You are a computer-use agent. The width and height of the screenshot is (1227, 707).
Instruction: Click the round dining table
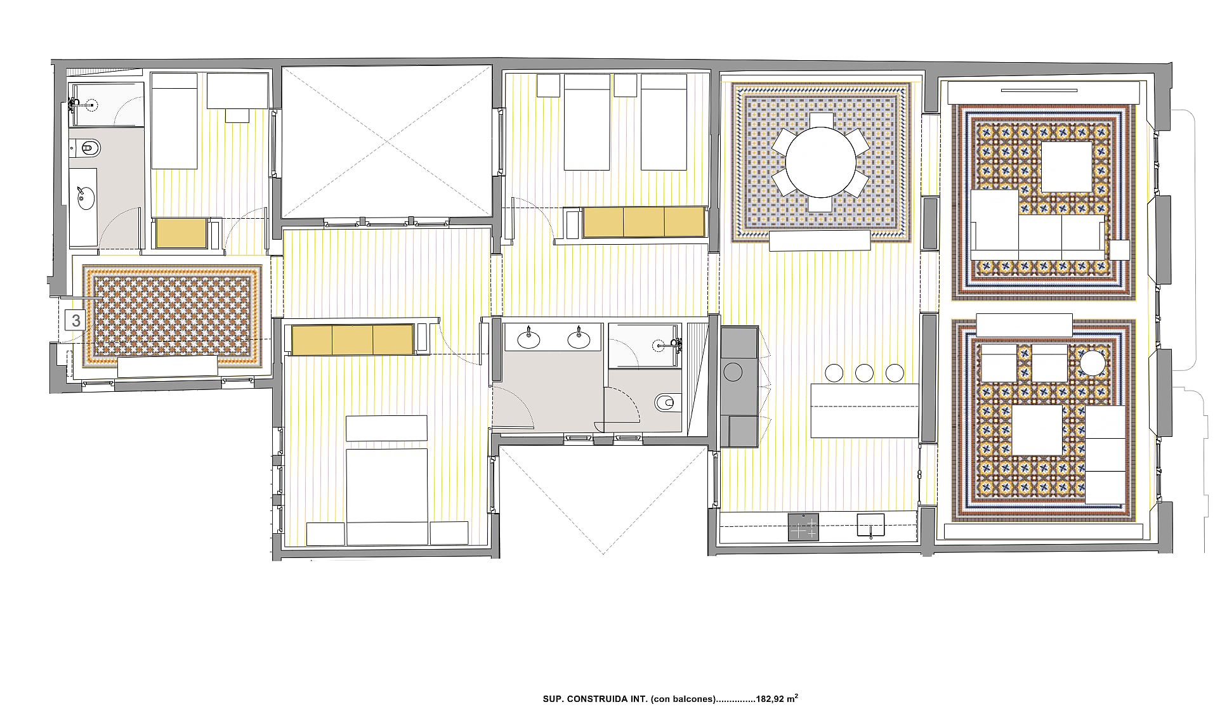click(820, 162)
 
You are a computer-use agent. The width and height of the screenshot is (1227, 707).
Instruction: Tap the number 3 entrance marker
click(76, 320)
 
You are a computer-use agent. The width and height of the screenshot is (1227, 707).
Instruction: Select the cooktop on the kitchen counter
click(803, 527)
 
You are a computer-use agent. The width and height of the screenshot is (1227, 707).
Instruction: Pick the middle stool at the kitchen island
click(864, 373)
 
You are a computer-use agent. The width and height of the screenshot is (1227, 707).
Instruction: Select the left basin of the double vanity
click(528, 339)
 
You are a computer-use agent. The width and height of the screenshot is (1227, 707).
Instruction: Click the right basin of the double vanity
click(579, 339)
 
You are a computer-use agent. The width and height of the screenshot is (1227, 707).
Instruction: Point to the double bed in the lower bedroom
click(386, 496)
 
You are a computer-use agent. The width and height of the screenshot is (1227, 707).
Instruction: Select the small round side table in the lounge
click(1092, 363)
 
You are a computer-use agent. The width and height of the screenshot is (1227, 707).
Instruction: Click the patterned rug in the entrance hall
click(172, 316)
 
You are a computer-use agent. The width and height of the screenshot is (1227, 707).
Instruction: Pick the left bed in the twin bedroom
click(587, 122)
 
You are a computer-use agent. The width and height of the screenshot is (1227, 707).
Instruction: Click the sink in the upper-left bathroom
click(84, 198)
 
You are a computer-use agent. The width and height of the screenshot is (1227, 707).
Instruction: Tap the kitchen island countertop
click(865, 410)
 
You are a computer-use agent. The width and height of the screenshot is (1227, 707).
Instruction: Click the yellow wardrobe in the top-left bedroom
click(182, 233)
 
